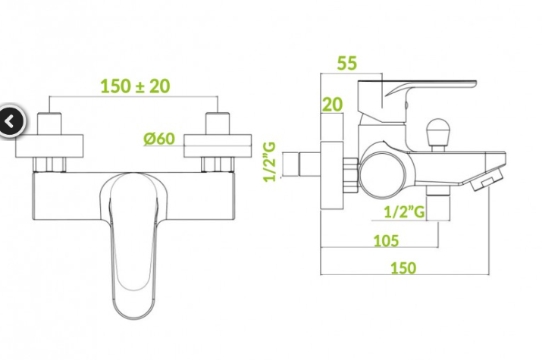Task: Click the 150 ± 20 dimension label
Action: (135, 86)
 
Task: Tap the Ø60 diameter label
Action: (159, 139)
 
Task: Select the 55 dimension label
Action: (346, 63)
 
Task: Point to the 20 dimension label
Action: (332, 105)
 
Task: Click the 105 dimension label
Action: (386, 240)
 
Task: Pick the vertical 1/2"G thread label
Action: (270, 162)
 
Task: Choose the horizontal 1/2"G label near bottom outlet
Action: (405, 211)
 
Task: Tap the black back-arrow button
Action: (11, 121)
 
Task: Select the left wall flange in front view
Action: (49, 146)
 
